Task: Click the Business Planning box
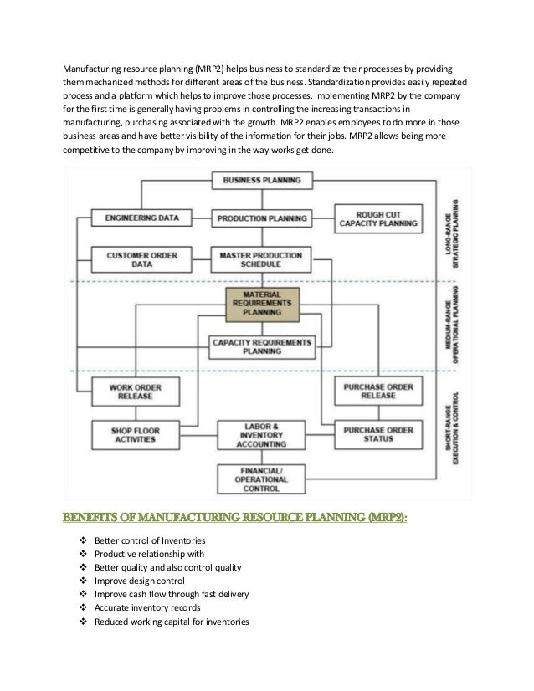[261, 180]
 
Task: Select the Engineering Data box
[141, 218]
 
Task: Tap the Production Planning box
[261, 218]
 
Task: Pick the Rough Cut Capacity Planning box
[377, 218]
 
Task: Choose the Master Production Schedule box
[261, 258]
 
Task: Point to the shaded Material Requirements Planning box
[261, 305]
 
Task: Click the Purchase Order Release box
[377, 392]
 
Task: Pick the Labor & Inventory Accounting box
[261, 435]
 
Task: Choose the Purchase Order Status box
[377, 435]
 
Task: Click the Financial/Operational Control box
[261, 479]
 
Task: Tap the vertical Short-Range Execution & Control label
[454, 435]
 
